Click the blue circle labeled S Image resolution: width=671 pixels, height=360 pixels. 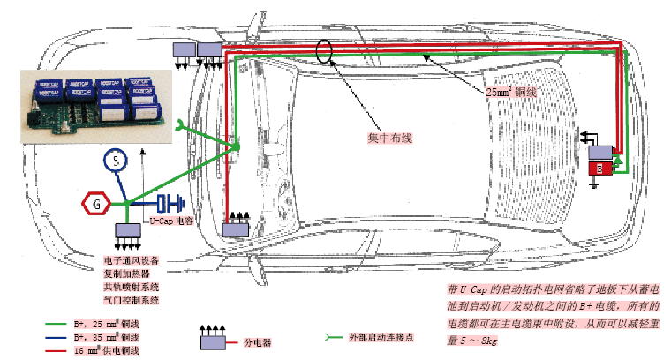117,161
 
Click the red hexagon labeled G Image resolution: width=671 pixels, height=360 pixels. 95,204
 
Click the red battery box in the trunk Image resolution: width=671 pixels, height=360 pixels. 599,168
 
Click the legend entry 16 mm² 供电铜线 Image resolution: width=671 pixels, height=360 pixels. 109,350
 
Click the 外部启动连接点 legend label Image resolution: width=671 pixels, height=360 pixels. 382,337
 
